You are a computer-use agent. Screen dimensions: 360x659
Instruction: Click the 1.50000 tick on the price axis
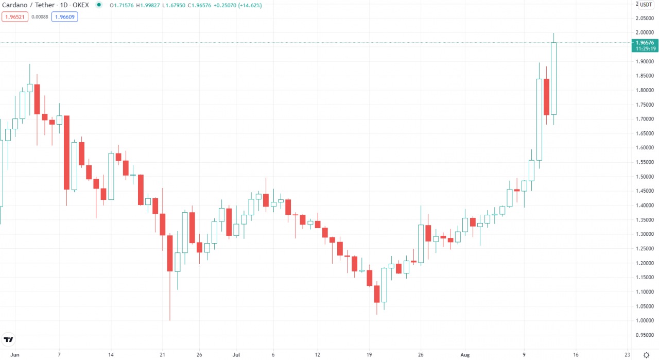pyautogui.click(x=645, y=177)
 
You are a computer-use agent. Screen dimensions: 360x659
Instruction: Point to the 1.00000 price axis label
pyautogui.click(x=645, y=321)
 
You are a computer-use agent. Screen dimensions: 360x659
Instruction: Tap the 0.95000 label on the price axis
pyautogui.click(x=645, y=335)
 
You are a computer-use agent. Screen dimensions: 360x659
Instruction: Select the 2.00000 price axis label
pyautogui.click(x=645, y=32)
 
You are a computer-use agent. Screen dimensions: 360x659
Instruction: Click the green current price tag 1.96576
pyautogui.click(x=645, y=43)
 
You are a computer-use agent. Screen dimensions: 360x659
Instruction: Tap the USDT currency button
pyautogui.click(x=646, y=5)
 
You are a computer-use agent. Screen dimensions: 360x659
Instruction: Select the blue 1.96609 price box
pyautogui.click(x=64, y=16)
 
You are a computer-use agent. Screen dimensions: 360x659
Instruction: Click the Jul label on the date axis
pyautogui.click(x=236, y=355)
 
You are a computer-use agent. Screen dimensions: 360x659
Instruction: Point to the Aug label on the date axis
pyautogui.click(x=465, y=355)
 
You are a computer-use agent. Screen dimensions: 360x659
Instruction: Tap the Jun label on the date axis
pyautogui.click(x=15, y=355)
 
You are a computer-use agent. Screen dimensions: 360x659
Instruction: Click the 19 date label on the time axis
pyautogui.click(x=369, y=355)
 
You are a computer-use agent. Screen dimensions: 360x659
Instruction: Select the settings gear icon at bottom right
pyautogui.click(x=646, y=354)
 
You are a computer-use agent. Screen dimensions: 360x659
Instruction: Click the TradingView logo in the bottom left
pyautogui.click(x=8, y=340)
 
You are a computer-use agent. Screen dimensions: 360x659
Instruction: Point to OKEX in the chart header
pyautogui.click(x=80, y=5)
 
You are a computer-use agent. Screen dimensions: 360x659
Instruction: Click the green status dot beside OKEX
pyautogui.click(x=98, y=5)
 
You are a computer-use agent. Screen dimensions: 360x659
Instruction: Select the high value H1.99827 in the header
pyautogui.click(x=150, y=5)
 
